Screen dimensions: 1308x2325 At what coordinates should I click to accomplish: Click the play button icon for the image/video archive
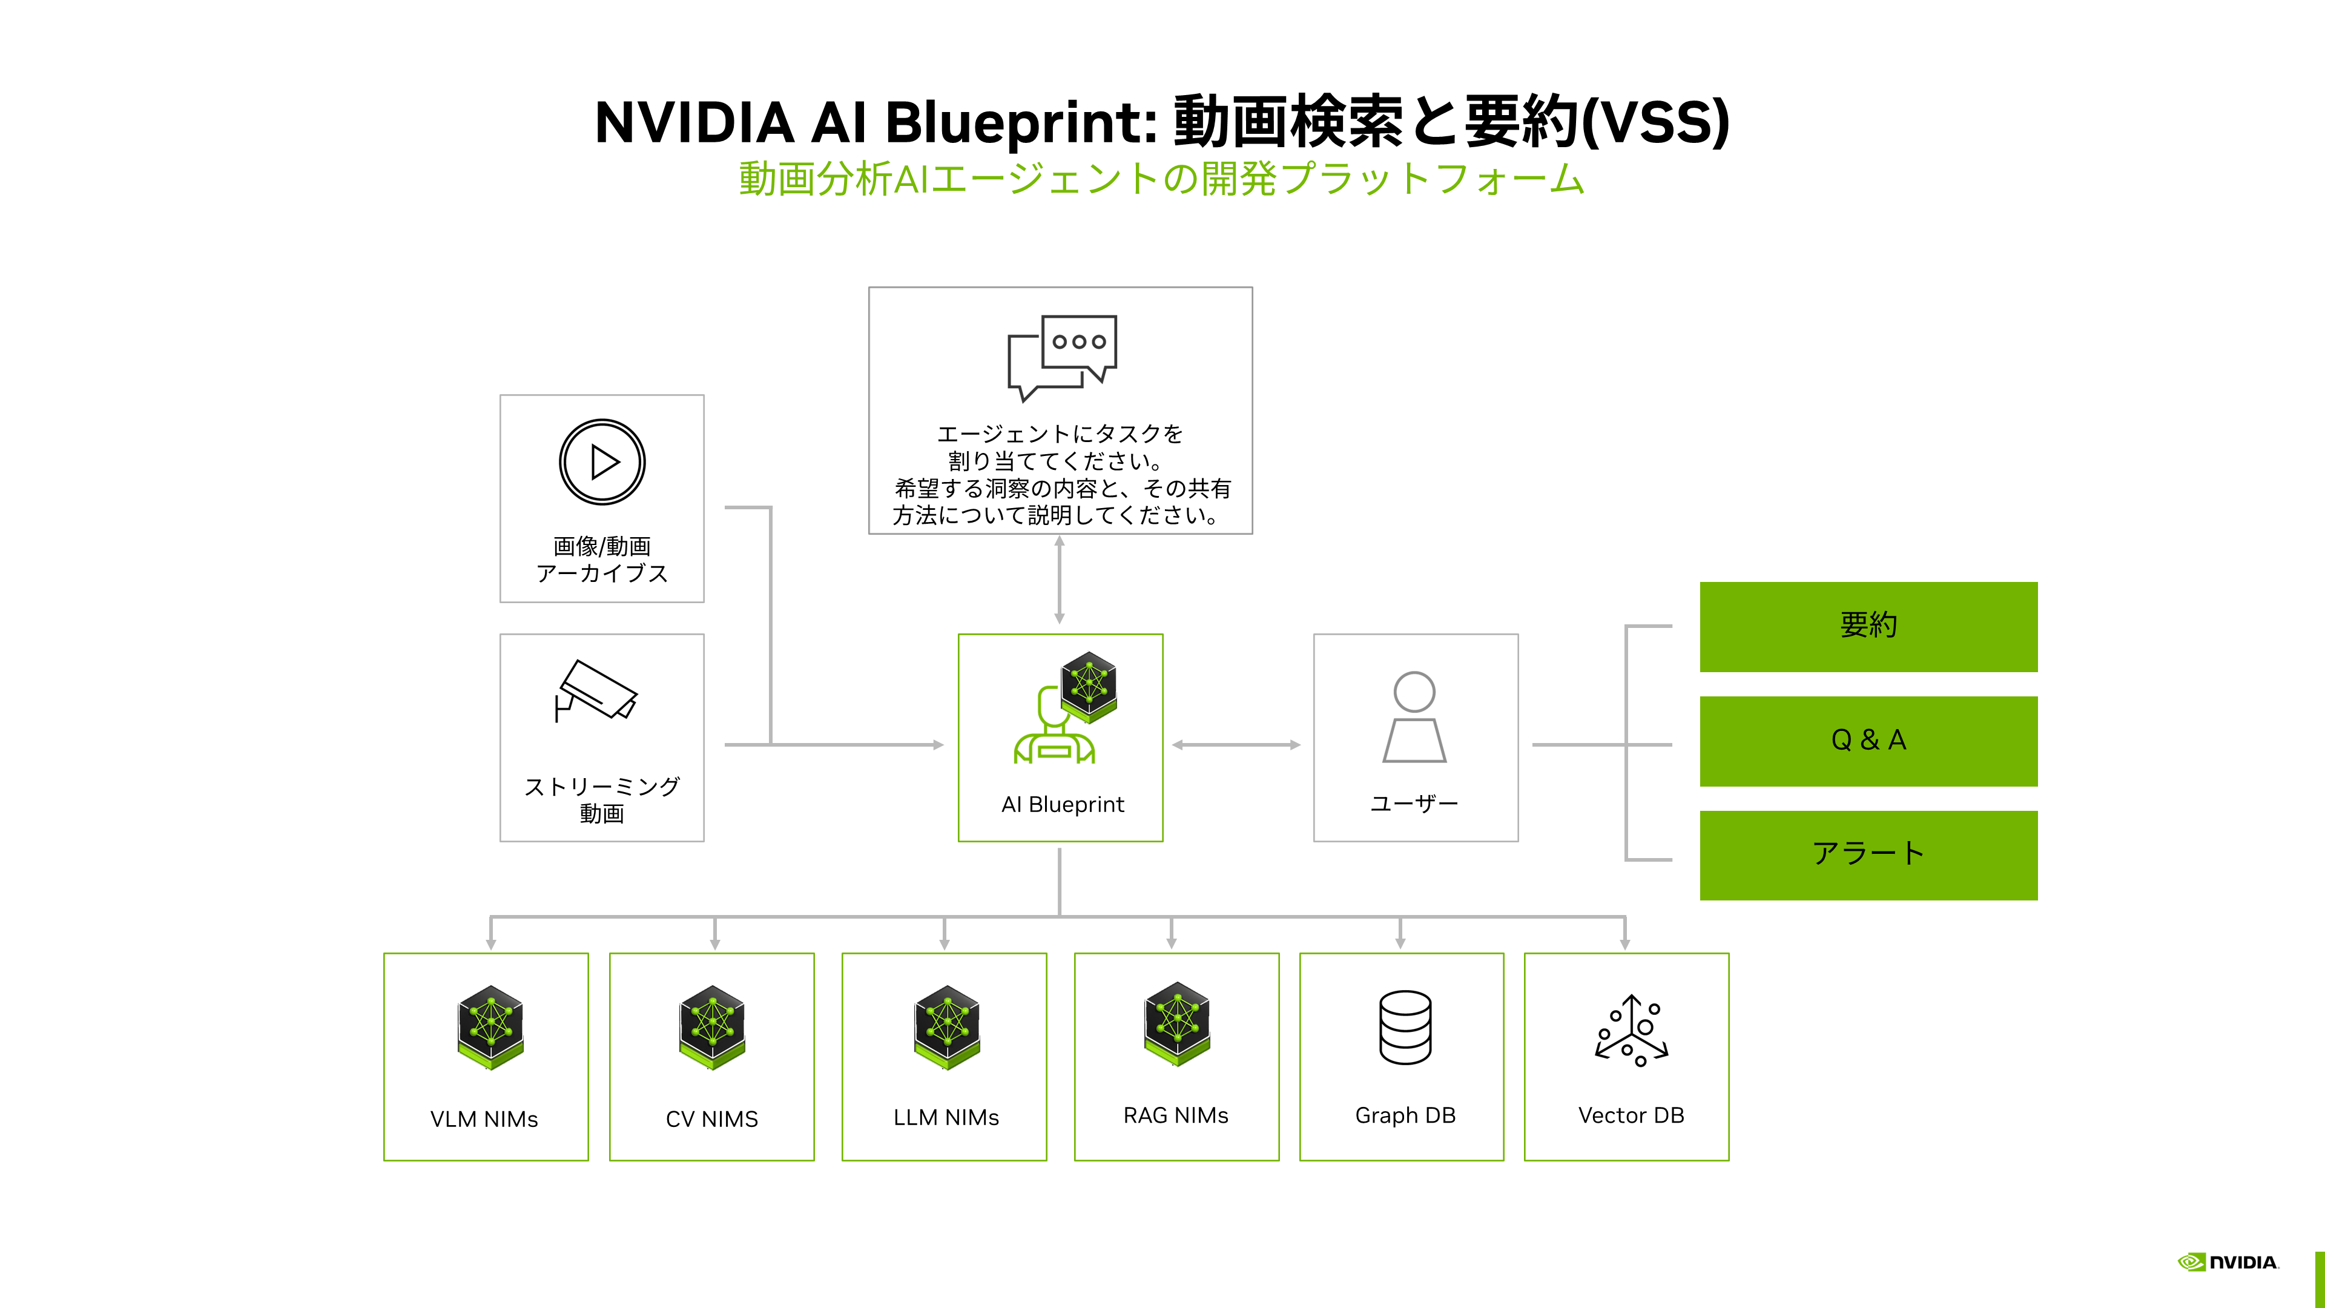(602, 462)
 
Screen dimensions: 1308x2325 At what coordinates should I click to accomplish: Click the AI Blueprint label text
(1063, 804)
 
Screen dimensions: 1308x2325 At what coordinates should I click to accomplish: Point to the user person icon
(1414, 717)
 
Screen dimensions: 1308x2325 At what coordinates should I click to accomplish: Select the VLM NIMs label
(484, 1119)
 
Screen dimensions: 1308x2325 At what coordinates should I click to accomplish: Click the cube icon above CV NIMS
(712, 1027)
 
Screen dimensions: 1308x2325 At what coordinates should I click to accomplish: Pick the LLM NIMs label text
(946, 1117)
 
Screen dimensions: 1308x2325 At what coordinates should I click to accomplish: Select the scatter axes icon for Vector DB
(1631, 1030)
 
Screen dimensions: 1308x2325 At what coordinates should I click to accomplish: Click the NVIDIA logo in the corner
(2228, 1262)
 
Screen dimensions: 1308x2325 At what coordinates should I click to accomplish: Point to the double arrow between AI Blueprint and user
(1236, 745)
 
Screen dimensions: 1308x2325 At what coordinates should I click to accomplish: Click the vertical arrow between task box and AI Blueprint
(1060, 580)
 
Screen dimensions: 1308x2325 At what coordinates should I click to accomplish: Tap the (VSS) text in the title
(1655, 122)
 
